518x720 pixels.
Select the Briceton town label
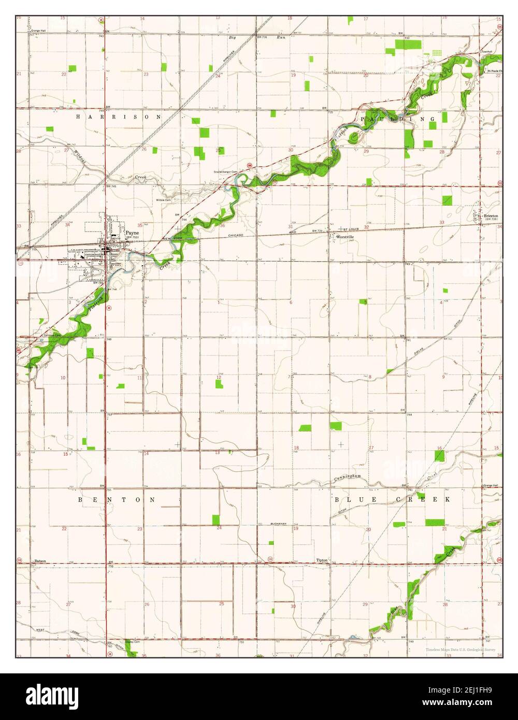click(490, 215)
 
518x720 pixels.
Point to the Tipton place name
click(322, 560)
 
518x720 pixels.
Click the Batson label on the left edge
click(40, 561)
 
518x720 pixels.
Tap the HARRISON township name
click(119, 117)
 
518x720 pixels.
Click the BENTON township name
click(117, 500)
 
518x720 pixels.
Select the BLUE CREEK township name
click(392, 499)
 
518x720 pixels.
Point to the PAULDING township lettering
click(398, 119)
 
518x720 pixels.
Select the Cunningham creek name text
click(347, 477)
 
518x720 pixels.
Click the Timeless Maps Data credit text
click(461, 649)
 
